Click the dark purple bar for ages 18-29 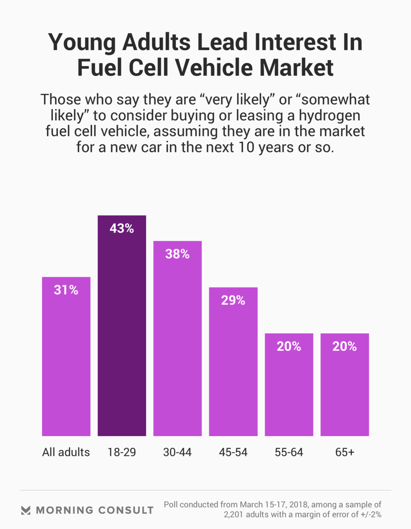click(122, 326)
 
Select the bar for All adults click(66, 357)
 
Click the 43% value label click(122, 228)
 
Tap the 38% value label click(177, 254)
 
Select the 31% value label click(66, 290)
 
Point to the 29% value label click(233, 300)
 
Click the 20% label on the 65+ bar click(345, 347)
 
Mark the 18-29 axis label click(122, 452)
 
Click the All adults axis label click(66, 452)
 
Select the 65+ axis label click(345, 452)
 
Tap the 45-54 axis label click(233, 452)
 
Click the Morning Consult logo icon click(26, 510)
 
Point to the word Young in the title click(82, 43)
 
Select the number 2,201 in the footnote click(234, 515)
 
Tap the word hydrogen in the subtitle click(329, 116)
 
